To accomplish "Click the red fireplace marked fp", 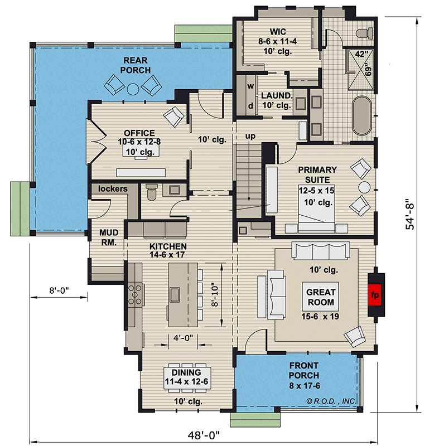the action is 375,295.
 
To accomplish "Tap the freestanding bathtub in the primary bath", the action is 362,116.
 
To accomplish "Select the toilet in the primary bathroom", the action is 365,33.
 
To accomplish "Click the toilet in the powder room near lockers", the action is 152,192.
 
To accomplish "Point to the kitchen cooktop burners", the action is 135,294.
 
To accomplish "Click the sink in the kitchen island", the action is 175,294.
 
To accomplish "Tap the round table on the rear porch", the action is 133,89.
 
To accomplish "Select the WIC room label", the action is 278,32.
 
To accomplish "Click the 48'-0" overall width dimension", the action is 204,435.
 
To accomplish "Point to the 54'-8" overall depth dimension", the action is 410,214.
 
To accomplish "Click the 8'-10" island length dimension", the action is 215,294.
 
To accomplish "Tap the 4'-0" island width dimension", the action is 183,338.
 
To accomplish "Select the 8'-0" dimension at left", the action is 59,290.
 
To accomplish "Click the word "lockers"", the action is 113,188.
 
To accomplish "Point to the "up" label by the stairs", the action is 250,136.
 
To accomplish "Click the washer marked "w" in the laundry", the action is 250,86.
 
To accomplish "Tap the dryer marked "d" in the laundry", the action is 250,106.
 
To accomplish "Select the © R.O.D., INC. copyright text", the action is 331,401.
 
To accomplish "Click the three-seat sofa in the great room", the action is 321,250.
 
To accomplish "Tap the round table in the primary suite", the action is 364,188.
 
